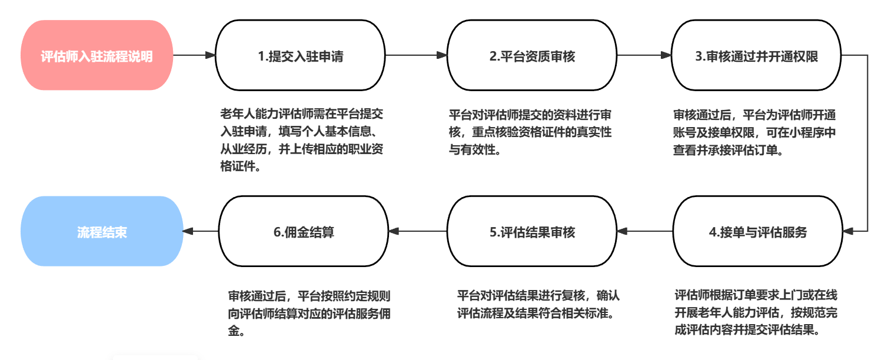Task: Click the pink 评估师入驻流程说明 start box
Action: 97,56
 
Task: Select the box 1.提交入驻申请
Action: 301,56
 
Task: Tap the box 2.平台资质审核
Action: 532,56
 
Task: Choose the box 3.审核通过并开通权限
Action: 757,56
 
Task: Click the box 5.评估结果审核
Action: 532,232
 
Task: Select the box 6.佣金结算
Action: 304,232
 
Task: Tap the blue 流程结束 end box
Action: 102,232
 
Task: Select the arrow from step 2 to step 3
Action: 644,55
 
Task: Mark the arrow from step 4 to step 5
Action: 645,232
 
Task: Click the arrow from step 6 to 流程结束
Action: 201,232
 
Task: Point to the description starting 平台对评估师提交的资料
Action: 530,132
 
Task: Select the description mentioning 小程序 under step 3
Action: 754,132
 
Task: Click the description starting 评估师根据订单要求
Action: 757,312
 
